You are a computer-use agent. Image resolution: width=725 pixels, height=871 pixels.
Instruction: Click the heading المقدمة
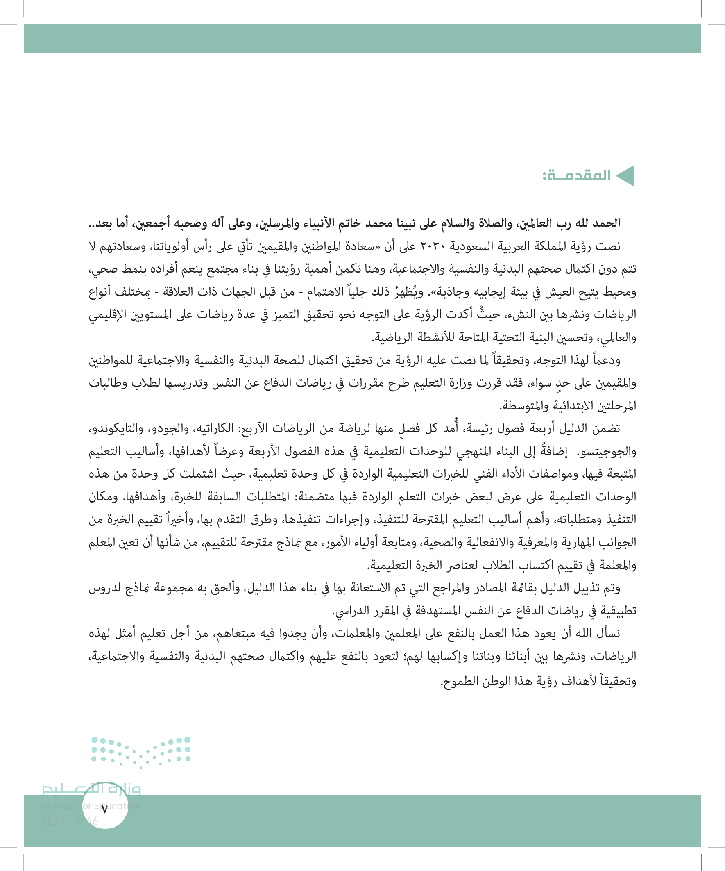click(577, 176)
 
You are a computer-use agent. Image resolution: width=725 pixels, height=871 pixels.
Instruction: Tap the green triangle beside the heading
click(625, 176)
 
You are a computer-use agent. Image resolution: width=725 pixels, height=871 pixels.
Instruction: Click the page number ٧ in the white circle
click(104, 809)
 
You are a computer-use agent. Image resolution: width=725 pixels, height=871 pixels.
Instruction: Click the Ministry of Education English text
click(91, 806)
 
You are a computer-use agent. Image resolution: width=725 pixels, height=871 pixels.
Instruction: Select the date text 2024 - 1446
click(70, 821)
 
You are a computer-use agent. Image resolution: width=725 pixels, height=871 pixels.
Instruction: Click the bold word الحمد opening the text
click(607, 223)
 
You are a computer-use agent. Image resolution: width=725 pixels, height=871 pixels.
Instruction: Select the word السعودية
click(473, 246)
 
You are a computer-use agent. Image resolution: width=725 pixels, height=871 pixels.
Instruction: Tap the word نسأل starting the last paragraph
click(608, 633)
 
